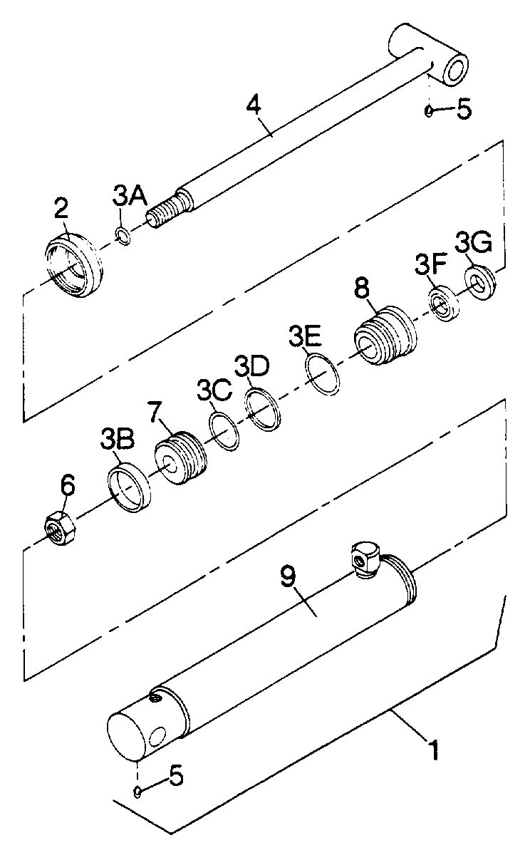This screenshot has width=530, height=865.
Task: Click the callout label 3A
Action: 130,197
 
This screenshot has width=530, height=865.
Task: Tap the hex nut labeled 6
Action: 59,528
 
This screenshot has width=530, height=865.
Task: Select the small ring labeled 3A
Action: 123,236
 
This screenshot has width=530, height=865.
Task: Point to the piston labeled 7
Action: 181,457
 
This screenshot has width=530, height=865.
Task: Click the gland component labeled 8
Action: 385,335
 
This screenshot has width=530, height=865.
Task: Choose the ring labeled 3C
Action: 224,431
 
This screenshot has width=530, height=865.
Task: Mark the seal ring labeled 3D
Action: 263,410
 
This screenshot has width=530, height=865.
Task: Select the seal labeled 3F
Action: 445,304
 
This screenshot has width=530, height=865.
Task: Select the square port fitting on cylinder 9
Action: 365,559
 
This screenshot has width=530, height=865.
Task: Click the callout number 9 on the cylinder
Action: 289,577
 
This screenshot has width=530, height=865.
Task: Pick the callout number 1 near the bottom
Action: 435,749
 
